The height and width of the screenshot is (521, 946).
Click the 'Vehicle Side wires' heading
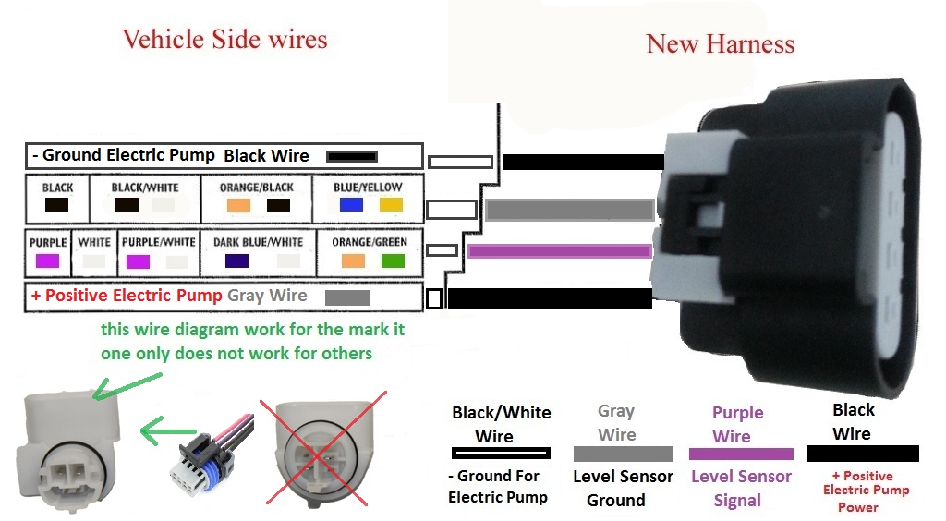[x=224, y=40]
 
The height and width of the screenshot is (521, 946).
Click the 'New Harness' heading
[x=721, y=44]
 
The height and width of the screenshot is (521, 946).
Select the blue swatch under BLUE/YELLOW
[x=351, y=205]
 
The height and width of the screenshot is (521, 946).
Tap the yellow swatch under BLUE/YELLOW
[x=391, y=205]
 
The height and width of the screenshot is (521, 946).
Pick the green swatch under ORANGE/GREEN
[x=393, y=260]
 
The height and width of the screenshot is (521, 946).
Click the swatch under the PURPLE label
[x=47, y=261]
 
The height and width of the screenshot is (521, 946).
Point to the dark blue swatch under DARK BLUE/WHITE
[x=237, y=261]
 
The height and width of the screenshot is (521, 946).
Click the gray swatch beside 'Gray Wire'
[x=347, y=297]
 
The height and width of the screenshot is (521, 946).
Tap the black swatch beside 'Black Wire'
[x=351, y=156]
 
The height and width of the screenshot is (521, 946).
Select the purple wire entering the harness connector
[x=559, y=250]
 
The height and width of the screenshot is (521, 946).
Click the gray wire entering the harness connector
[x=568, y=210]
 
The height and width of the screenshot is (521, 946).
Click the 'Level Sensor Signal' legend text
[x=741, y=489]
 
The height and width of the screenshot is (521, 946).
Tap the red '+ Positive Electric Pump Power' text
[x=866, y=491]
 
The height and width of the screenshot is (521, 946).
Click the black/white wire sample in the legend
[x=501, y=454]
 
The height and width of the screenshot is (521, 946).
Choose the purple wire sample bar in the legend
[x=741, y=454]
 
